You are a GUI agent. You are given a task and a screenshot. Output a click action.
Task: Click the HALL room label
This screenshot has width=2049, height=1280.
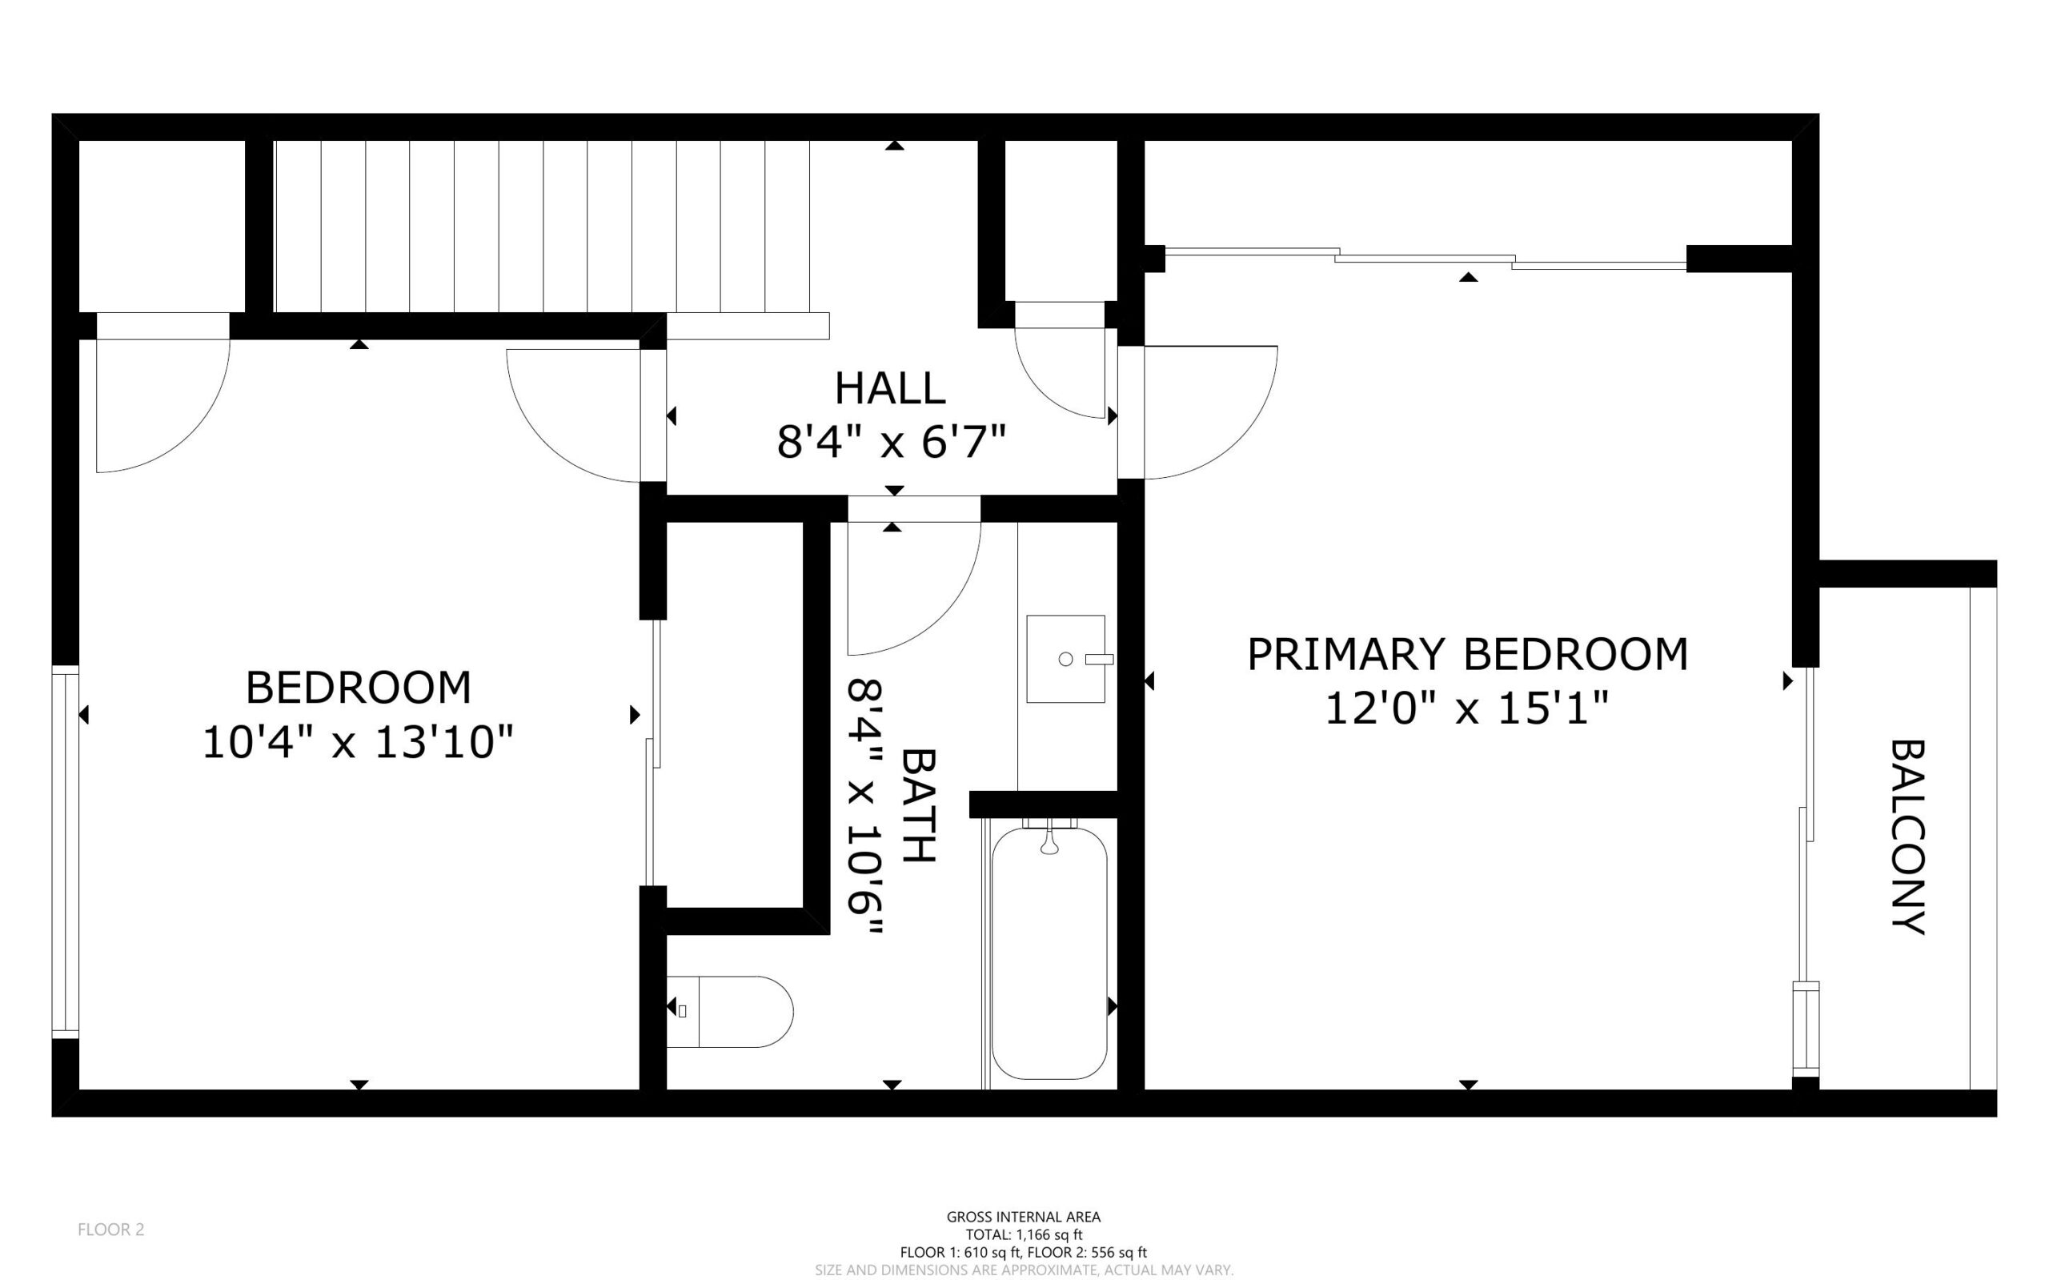click(889, 389)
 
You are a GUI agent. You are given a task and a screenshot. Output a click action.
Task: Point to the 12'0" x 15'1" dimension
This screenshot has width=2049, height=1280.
click(1466, 708)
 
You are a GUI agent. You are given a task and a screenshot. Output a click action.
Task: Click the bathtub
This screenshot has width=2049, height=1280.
click(1049, 953)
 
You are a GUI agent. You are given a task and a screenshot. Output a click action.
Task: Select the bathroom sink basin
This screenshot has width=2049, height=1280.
click(1065, 659)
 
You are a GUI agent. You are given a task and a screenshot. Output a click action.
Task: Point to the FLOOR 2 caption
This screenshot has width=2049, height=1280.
click(111, 1230)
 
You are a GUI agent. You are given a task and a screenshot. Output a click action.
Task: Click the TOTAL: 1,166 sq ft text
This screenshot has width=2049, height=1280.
click(1024, 1235)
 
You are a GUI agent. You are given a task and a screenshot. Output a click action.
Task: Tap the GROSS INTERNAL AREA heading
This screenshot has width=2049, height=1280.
click(1024, 1217)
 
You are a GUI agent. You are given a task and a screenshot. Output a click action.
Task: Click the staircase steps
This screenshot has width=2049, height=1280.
click(542, 227)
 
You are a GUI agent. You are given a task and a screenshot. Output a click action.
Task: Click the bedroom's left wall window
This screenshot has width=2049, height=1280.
click(65, 851)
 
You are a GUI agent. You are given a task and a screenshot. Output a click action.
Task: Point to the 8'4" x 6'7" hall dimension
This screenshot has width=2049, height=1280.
click(891, 442)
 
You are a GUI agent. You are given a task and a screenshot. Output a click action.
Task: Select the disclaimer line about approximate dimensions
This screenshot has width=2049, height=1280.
click(1024, 1270)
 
